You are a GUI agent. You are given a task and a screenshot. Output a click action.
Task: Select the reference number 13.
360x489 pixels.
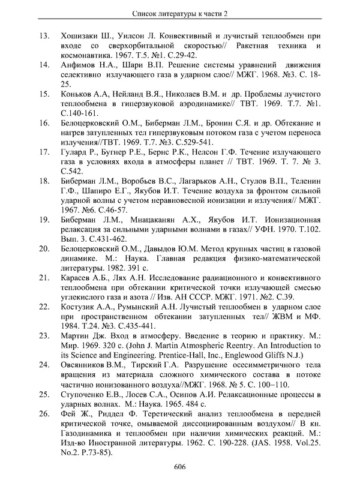click(x=44, y=37)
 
